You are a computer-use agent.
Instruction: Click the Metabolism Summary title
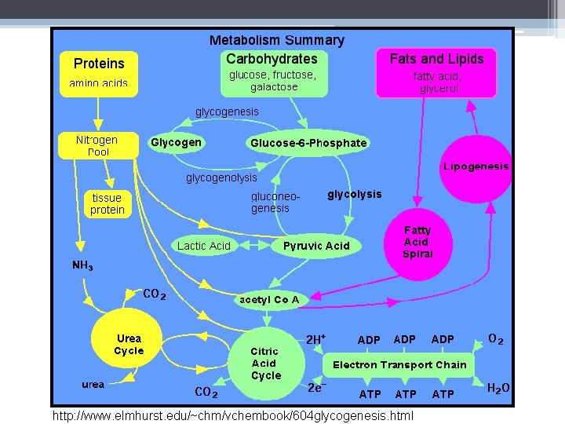click(x=276, y=40)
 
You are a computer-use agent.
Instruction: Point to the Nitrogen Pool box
click(x=97, y=145)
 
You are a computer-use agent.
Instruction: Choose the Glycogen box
click(x=176, y=143)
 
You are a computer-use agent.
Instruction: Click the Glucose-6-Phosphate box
click(x=308, y=143)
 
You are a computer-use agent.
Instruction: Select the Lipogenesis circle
click(x=476, y=167)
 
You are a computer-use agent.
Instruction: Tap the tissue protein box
click(x=107, y=204)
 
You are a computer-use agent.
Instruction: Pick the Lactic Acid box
click(x=204, y=246)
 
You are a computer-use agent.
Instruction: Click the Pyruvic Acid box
click(x=316, y=246)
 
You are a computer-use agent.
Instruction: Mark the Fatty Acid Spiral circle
click(x=417, y=242)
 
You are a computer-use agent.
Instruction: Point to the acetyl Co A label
click(x=268, y=299)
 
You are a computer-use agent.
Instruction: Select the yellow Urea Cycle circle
click(x=129, y=345)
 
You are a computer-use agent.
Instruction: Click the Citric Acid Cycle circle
click(x=266, y=364)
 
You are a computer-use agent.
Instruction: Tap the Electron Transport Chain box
click(x=399, y=364)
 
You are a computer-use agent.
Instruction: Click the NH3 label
click(x=82, y=265)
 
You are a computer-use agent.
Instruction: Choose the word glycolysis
click(x=355, y=194)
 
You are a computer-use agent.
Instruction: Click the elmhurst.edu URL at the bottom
click(x=233, y=414)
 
